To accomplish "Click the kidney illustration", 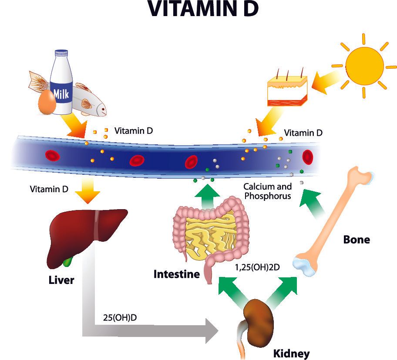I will coord(257,317).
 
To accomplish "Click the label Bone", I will coord(357,239).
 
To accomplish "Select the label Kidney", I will coord(291,353).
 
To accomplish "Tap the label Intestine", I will coord(176,274).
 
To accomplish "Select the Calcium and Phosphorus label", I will coord(267,191).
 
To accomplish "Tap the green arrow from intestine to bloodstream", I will coord(205,195).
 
